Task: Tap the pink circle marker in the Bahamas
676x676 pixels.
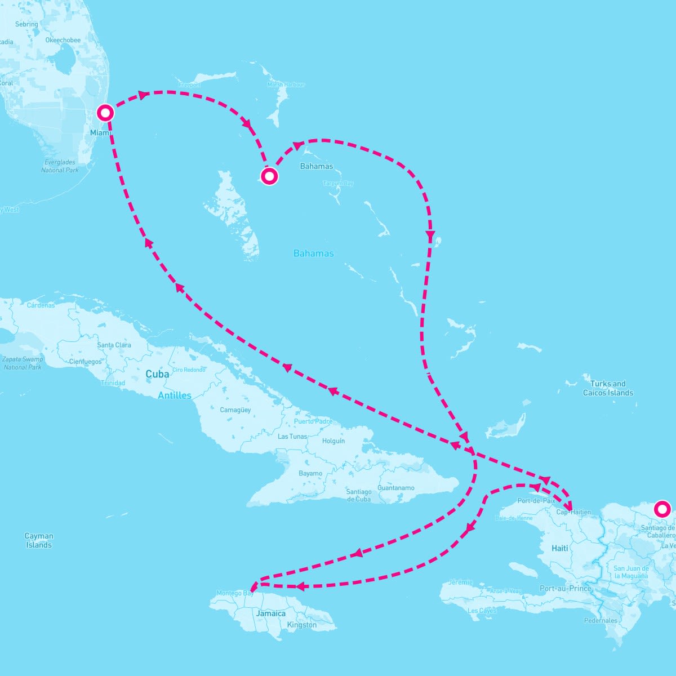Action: click(x=269, y=176)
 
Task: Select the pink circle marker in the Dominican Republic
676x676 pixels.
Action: click(x=662, y=509)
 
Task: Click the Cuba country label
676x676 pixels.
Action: click(x=157, y=374)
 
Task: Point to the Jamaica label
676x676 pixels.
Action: click(x=271, y=613)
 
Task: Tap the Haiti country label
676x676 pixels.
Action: click(x=560, y=548)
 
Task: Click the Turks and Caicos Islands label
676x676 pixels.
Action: click(x=608, y=388)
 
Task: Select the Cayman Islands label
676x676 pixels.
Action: click(x=39, y=540)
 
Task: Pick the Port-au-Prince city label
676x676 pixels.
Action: click(x=565, y=588)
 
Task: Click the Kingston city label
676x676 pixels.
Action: click(x=302, y=625)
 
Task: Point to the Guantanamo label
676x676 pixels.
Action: click(x=396, y=488)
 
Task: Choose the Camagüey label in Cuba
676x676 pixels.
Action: click(x=235, y=410)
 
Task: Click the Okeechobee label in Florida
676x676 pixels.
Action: click(x=63, y=41)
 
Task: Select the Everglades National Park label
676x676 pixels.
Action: click(x=60, y=166)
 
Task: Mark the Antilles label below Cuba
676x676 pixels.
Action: click(x=175, y=395)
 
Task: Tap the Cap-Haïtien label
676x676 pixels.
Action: click(x=573, y=512)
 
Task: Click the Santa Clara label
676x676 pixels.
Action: click(x=114, y=345)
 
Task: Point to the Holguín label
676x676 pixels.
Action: click(x=333, y=441)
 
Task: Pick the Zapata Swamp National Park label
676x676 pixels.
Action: click(x=23, y=363)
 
